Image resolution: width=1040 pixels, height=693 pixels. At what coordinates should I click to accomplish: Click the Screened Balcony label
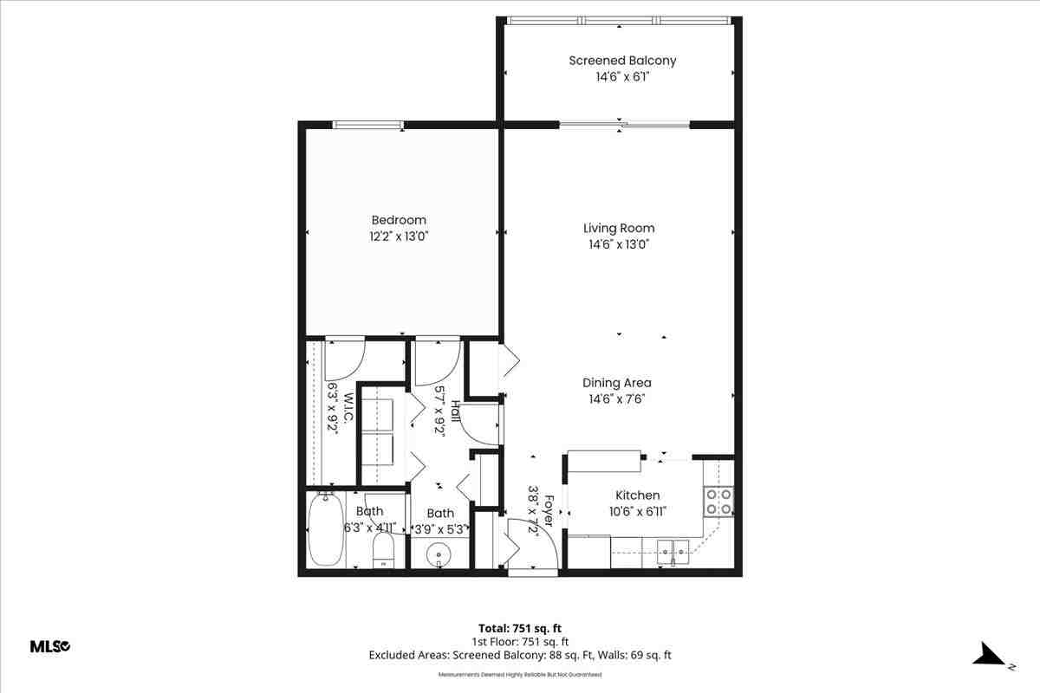[x=622, y=61]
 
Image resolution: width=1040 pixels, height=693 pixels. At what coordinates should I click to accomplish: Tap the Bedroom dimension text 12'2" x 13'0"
[x=399, y=236]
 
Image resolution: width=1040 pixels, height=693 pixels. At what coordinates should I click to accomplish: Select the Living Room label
[x=619, y=229]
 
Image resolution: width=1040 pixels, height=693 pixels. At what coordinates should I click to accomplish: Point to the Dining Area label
[x=617, y=383]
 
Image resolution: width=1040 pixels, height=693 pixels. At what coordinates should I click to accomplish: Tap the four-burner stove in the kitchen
[x=718, y=501]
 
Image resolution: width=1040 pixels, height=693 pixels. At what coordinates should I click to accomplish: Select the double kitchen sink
[x=673, y=548]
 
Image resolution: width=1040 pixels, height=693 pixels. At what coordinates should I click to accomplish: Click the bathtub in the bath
[x=326, y=528]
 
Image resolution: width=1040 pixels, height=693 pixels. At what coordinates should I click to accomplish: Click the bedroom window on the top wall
[x=369, y=125]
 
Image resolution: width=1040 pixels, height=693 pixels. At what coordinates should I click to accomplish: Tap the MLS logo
[x=50, y=646]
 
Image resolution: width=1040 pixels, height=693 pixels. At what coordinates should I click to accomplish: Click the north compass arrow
[x=989, y=654]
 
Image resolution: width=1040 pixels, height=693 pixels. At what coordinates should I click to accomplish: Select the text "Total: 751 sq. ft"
[x=520, y=628]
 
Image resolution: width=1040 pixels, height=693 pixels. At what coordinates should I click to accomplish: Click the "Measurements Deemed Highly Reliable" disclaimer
[x=520, y=673]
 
